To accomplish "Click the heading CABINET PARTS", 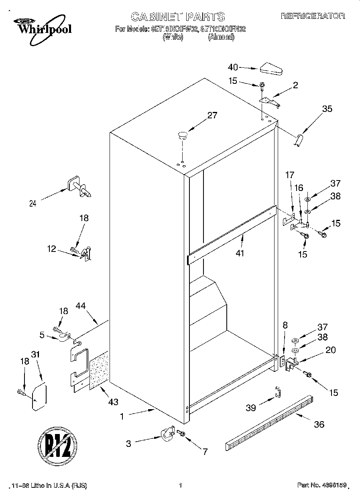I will (x=178, y=16).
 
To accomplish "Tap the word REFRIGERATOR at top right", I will (x=313, y=16).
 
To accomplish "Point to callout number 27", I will (x=212, y=116).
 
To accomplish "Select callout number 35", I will (x=327, y=108).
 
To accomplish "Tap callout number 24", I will (x=33, y=203).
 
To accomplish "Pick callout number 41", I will (x=240, y=253).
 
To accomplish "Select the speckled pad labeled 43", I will (x=100, y=369).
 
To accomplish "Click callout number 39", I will (x=251, y=408).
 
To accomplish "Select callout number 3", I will (x=129, y=444).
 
